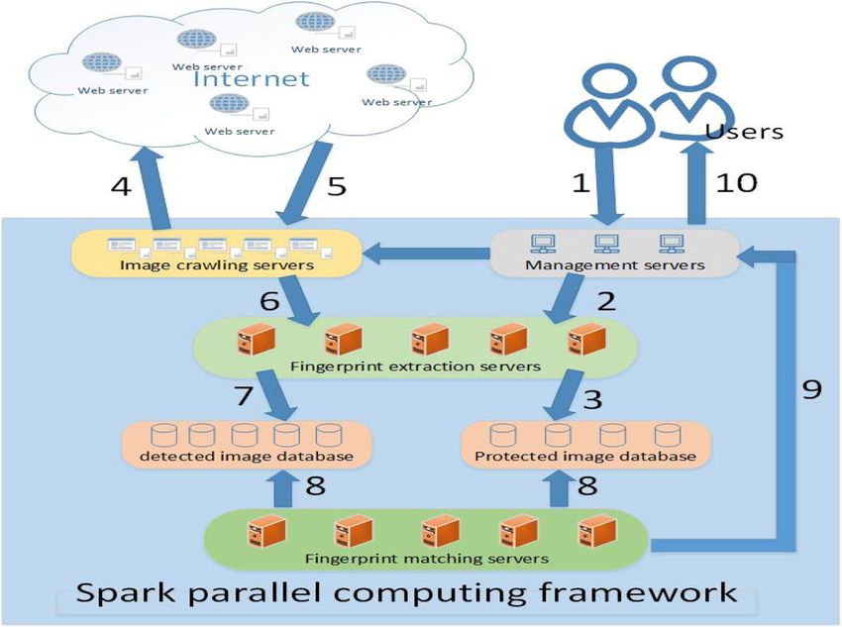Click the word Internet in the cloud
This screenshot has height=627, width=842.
pos(252,79)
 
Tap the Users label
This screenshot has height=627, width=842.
pos(744,132)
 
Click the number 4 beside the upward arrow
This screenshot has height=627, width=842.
pos(122,186)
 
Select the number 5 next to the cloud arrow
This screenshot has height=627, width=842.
pos(336,186)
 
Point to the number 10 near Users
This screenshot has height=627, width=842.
pos(737,182)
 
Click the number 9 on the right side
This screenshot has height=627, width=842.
pos(812,388)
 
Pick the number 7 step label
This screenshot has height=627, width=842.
pos(244,396)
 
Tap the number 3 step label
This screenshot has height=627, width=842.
pos(592,399)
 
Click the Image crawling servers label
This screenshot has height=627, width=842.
pos(217,265)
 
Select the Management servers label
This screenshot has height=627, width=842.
pos(615,265)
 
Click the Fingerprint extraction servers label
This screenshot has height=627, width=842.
pos(415,366)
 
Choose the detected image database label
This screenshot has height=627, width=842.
pos(247,457)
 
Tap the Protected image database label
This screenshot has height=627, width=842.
pos(585,457)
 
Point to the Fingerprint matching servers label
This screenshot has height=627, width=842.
pos(427,559)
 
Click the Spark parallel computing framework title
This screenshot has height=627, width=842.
pos(406,592)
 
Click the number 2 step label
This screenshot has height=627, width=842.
pos(606,302)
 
